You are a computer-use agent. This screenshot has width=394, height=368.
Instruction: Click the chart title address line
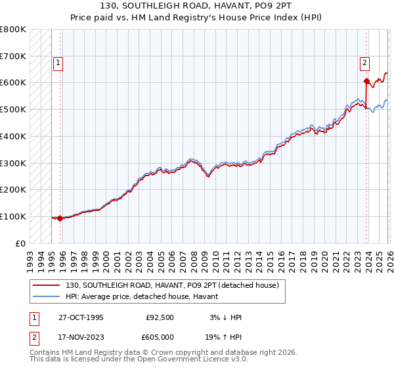tap(197, 6)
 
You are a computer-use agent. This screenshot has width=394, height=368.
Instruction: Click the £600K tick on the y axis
tap(13, 83)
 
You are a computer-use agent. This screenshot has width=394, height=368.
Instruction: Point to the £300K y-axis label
tap(13, 163)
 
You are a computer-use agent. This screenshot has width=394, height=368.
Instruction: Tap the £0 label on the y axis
tap(21, 243)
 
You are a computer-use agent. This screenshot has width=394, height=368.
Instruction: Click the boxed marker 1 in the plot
tap(58, 63)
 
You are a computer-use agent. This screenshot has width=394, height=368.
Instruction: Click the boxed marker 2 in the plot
tap(364, 63)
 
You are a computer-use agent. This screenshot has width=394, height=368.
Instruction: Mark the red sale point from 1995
tap(60, 218)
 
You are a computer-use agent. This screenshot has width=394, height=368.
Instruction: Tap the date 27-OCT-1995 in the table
tap(81, 317)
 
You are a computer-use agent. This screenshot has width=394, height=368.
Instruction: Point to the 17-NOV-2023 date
tap(81, 338)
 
